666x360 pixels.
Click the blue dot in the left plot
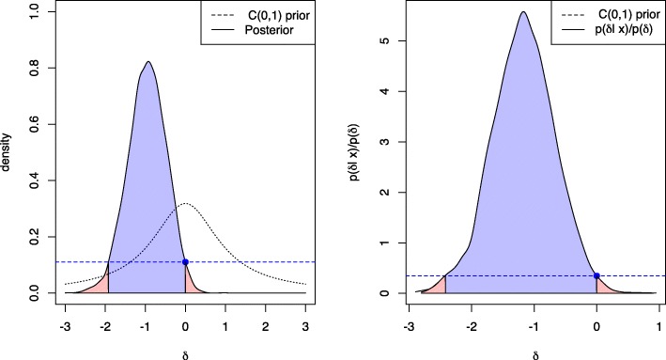185,261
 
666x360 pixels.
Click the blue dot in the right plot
596,275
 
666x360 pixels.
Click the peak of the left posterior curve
147,62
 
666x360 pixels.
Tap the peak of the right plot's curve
524,12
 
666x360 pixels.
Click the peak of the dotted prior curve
185,203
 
